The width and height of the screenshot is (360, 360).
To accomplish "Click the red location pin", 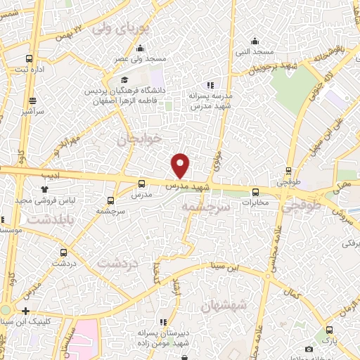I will (181, 165).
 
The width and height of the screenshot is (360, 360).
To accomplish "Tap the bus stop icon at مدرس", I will (141, 184).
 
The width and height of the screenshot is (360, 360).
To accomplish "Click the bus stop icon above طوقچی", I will (289, 170).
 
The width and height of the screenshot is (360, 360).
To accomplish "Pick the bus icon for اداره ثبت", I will (29, 59).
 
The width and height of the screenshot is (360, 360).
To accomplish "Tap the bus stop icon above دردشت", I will (65, 252).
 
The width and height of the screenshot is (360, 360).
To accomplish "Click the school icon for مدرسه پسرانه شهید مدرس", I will (209, 85).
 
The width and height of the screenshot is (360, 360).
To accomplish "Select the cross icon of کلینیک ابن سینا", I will (25, 310).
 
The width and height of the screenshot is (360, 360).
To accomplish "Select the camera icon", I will (309, 349).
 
